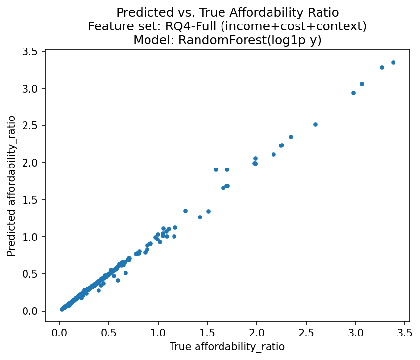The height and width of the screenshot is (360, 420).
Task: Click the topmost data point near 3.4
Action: pos(393,62)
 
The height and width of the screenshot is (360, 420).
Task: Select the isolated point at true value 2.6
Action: pos(315,124)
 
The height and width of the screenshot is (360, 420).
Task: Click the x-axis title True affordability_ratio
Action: pos(227,347)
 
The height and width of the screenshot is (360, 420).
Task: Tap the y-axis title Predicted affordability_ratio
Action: pos(11,186)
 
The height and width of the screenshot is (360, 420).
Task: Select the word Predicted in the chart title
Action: pos(140,12)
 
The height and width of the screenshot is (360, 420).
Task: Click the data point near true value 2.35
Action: pos(291,137)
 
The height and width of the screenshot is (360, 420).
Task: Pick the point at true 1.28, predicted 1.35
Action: pos(185,211)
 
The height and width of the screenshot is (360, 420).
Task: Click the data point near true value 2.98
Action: pos(353,93)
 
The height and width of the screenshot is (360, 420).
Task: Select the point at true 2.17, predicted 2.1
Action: pos(273,154)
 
